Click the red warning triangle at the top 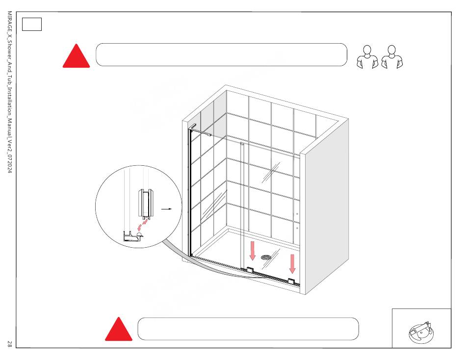[x=76, y=57]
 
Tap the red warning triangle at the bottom [x=118, y=330]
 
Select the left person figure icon [x=367, y=57]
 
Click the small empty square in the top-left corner [x=32, y=24]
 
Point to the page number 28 [x=9, y=344]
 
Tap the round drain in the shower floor [x=266, y=257]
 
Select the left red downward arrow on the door [x=253, y=250]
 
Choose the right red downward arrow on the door [x=292, y=263]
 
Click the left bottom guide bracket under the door [x=250, y=269]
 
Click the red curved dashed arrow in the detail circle [x=142, y=225]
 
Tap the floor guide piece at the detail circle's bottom [x=133, y=237]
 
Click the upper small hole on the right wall [x=297, y=214]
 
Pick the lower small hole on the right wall [x=297, y=228]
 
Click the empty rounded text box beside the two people [x=222, y=54]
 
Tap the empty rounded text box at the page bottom [x=248, y=329]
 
